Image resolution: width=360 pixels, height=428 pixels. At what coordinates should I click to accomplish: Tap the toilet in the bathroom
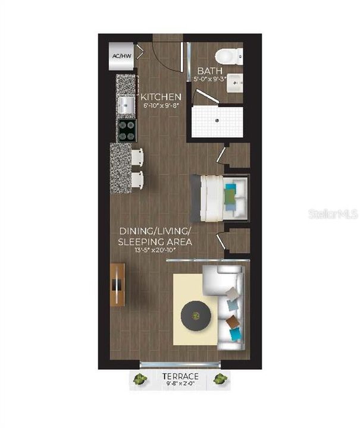pyautogui.click(x=227, y=56)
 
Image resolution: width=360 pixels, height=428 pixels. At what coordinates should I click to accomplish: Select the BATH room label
pyautogui.click(x=210, y=71)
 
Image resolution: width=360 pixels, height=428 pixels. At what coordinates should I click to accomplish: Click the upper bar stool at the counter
pyautogui.click(x=137, y=157)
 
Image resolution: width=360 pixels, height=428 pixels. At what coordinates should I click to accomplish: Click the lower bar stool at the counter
pyautogui.click(x=137, y=178)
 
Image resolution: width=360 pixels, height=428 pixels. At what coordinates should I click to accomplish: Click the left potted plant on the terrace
pyautogui.click(x=141, y=377)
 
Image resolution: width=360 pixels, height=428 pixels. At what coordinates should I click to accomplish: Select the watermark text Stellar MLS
pyautogui.click(x=333, y=213)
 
